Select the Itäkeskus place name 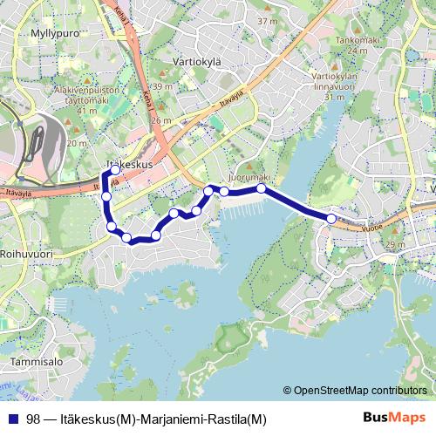(x=128, y=164)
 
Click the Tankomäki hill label (x=356, y=39)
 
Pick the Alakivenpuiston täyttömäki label (x=85, y=100)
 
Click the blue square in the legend (x=13, y=419)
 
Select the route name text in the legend (x=146, y=419)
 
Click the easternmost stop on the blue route (x=331, y=218)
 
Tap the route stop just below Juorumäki (x=261, y=188)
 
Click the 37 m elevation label (x=268, y=20)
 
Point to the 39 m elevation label (x=161, y=86)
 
